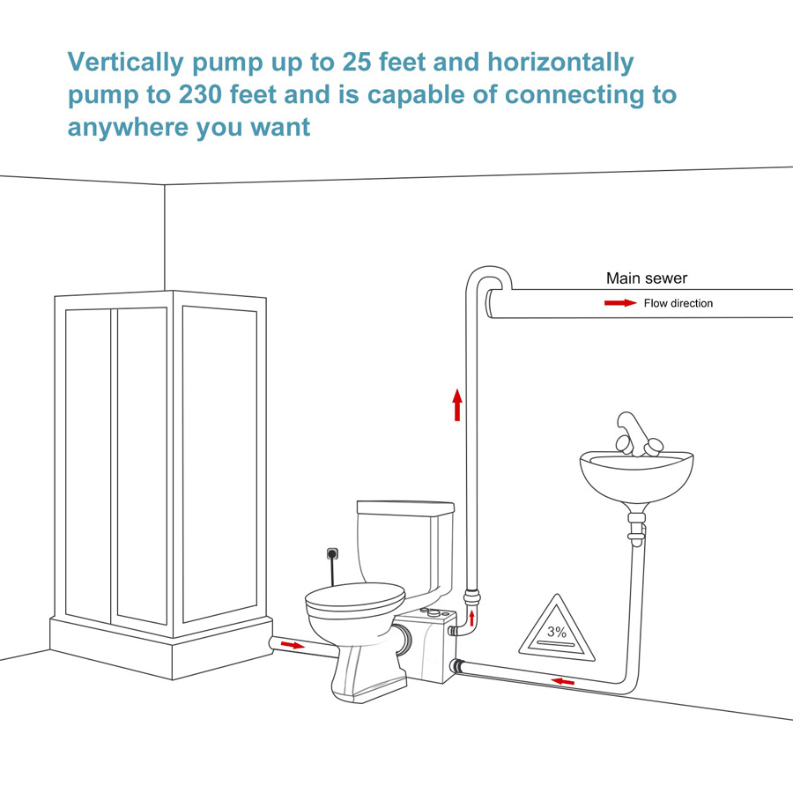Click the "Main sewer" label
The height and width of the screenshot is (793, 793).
646,278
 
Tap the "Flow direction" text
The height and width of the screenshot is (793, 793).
678,303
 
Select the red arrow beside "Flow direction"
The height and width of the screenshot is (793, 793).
619,303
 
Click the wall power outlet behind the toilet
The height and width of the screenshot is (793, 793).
333,554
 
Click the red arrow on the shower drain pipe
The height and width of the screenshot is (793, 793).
291,645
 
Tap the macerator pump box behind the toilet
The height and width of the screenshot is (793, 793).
426,648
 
